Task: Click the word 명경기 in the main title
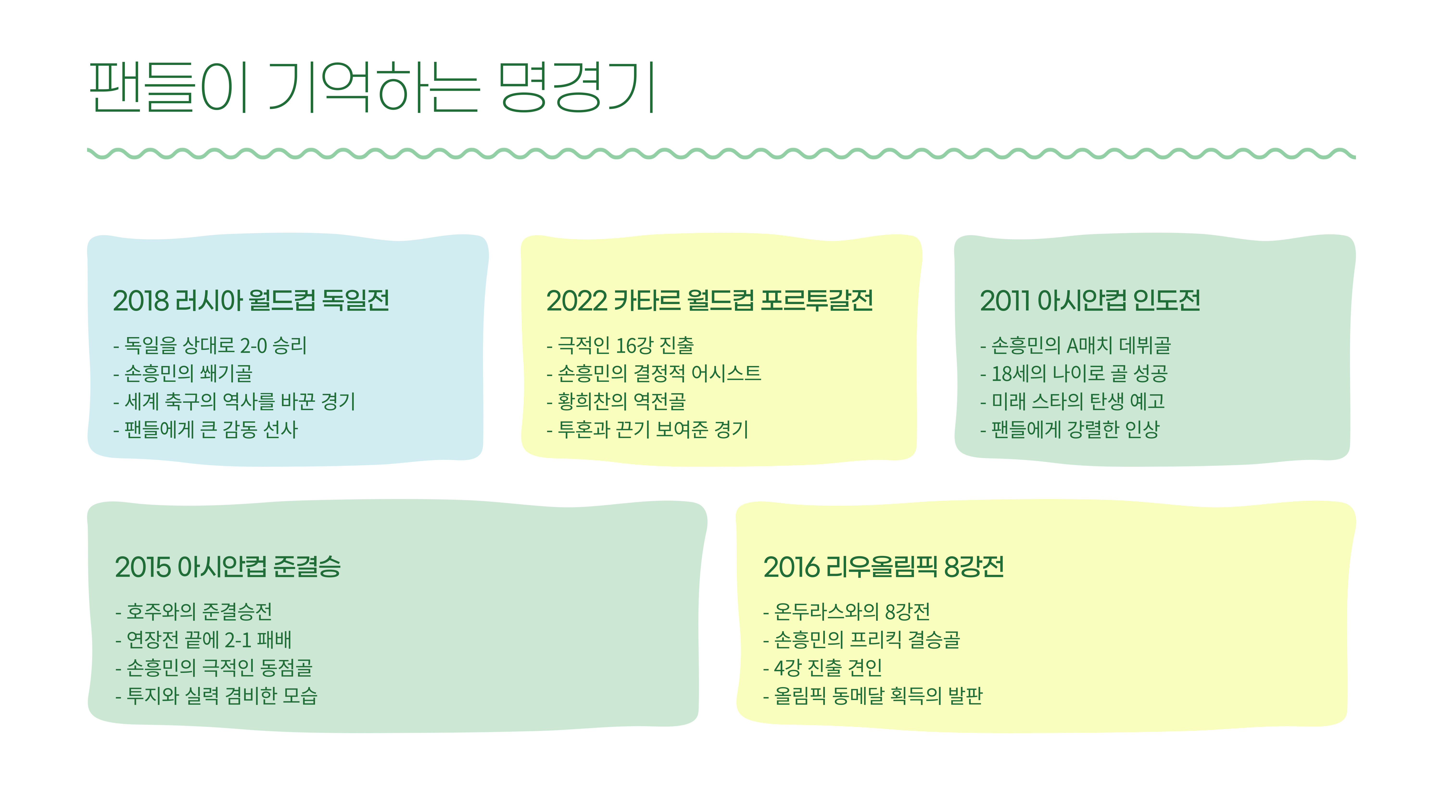click(577, 87)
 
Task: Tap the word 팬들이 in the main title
click(168, 87)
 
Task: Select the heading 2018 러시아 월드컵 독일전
click(251, 301)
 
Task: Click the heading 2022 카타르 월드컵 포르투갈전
click(709, 301)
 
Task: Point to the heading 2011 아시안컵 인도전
click(1089, 301)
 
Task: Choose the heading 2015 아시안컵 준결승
click(228, 567)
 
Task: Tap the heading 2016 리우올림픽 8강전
click(883, 567)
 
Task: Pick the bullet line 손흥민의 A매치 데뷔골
click(1081, 346)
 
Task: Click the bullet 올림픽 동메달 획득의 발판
click(878, 696)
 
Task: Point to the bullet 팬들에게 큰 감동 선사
click(211, 430)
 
